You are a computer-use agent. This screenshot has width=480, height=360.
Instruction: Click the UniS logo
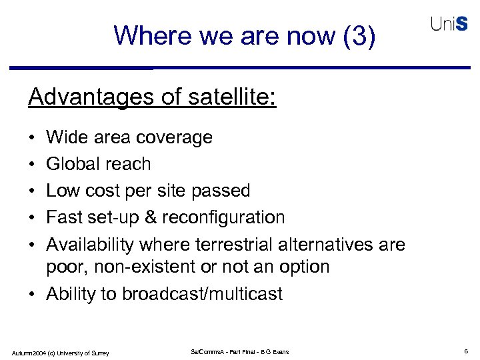click(449, 24)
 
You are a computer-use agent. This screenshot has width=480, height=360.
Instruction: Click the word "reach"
click(132, 164)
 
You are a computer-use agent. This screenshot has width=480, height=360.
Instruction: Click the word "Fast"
click(64, 217)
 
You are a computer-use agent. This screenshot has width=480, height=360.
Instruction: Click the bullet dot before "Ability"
click(33, 294)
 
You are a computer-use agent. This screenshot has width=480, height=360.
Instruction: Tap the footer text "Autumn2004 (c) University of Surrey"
click(60, 352)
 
